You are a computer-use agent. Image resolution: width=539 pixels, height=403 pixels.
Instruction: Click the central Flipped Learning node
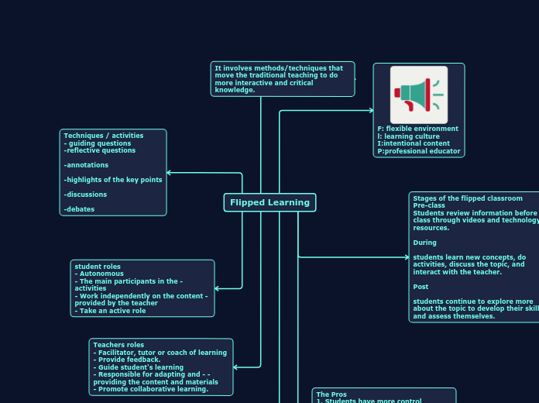tap(269, 202)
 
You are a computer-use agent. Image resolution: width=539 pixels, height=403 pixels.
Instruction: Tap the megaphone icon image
tap(419, 95)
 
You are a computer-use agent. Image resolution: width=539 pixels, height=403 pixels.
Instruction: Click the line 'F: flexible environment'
tap(417, 129)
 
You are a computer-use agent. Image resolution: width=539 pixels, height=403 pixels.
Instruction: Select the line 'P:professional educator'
tap(418, 151)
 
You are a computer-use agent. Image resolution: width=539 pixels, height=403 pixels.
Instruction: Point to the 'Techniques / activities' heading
tap(103, 136)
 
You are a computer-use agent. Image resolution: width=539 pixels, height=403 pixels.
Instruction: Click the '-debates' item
tap(78, 209)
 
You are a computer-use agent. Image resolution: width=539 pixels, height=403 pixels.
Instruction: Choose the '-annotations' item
tap(86, 165)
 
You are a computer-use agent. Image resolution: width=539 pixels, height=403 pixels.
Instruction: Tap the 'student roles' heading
tap(98, 267)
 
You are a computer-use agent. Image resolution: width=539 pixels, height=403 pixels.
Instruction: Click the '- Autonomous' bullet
tap(99, 274)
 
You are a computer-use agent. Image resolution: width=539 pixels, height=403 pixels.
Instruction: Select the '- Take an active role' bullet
tap(110, 311)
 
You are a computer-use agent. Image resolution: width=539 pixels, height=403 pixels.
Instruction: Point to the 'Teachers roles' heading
tap(118, 345)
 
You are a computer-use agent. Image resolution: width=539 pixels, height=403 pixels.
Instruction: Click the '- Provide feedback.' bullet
tap(127, 360)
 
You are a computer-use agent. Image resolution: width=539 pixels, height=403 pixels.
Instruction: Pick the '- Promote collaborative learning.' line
tap(151, 389)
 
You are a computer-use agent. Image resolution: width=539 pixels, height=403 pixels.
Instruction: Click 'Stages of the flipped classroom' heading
tap(467, 198)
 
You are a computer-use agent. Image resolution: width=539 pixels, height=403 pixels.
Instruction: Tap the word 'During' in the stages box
tap(424, 243)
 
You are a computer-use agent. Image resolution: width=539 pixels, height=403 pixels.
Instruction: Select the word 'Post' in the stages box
tap(421, 287)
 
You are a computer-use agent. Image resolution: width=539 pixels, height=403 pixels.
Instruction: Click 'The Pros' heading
tap(331, 394)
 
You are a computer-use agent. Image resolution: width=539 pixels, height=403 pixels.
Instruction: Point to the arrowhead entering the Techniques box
tap(170, 173)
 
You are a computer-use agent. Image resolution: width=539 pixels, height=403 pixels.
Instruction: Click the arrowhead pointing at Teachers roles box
tap(236, 367)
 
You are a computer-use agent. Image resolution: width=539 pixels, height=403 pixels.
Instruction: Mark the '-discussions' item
tap(85, 195)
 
